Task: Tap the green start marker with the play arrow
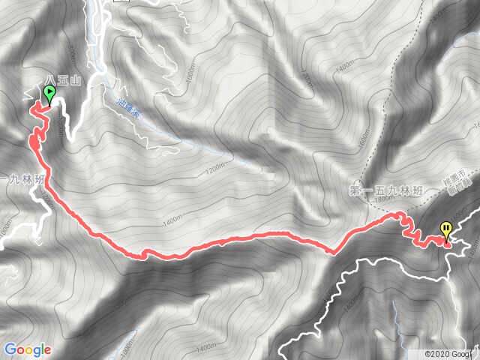pyautogui.click(x=50, y=94)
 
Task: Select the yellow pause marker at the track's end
pyautogui.click(x=447, y=228)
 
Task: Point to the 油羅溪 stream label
pyautogui.click(x=130, y=105)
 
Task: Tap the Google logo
pyautogui.click(x=27, y=349)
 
